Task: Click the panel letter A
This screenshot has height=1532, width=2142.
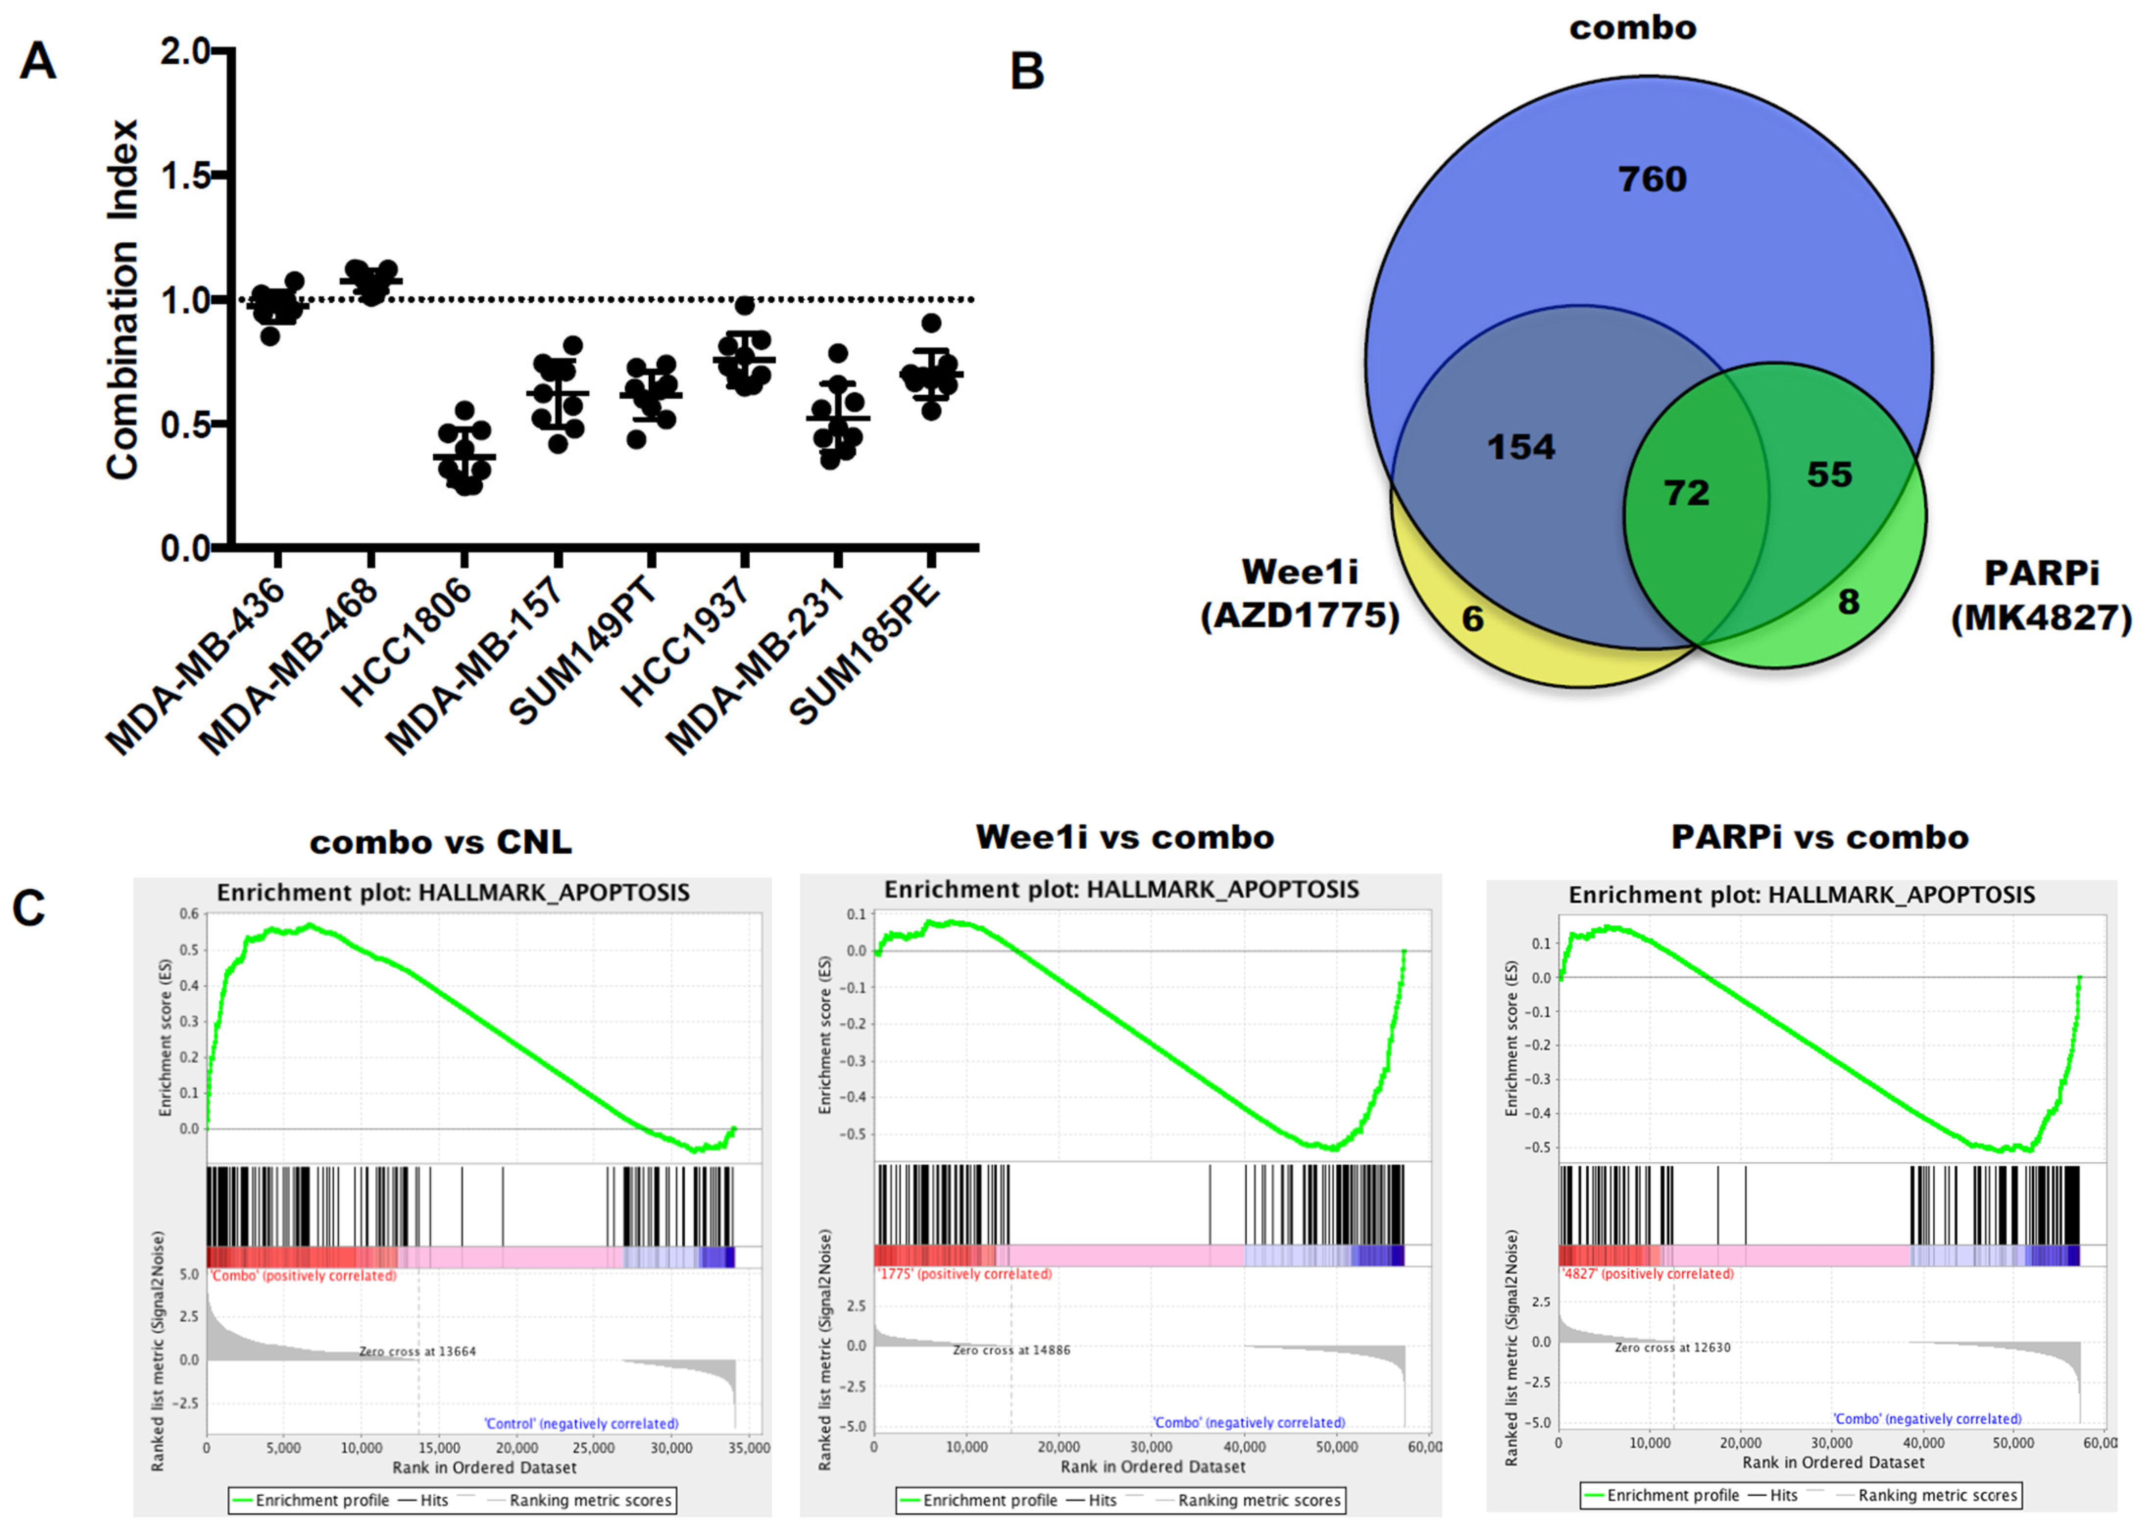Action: tap(38, 62)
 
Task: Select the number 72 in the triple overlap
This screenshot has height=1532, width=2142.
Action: tap(1686, 492)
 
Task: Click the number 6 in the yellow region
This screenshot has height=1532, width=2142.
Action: tap(1472, 619)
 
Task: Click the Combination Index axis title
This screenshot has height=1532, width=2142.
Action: tap(123, 300)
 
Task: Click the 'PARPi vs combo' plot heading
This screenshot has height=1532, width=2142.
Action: tap(1819, 837)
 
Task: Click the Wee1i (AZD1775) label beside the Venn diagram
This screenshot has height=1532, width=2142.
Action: tap(1299, 594)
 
